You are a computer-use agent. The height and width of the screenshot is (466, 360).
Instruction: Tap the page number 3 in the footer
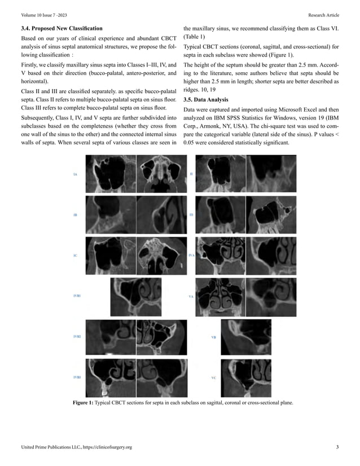coord(337,447)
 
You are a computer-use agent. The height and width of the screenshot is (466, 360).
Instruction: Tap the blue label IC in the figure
coord(75,256)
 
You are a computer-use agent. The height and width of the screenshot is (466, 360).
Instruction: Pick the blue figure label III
coord(191,216)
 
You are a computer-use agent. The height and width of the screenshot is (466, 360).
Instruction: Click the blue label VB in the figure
coord(213,337)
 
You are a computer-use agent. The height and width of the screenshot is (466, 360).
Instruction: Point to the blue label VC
coord(213,377)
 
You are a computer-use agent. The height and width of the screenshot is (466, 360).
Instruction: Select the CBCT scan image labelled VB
coord(246,336)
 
